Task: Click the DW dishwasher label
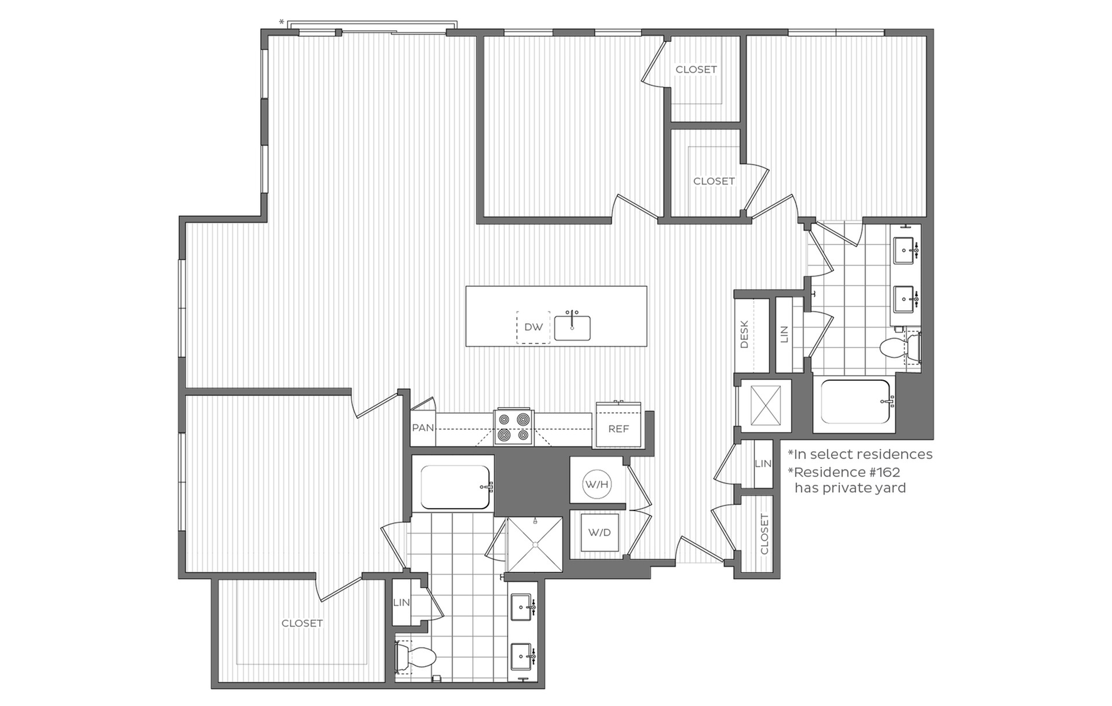pyautogui.click(x=533, y=327)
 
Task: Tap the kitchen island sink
pyautogui.click(x=572, y=328)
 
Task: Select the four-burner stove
pyautogui.click(x=513, y=427)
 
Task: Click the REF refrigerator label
pyautogui.click(x=619, y=429)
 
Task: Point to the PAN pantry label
pyautogui.click(x=423, y=428)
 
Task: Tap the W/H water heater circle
pyautogui.click(x=597, y=484)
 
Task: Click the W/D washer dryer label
pyautogui.click(x=599, y=532)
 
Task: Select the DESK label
pyautogui.click(x=745, y=334)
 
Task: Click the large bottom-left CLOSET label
pyautogui.click(x=302, y=623)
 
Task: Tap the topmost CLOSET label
pyautogui.click(x=696, y=69)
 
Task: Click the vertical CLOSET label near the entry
pyautogui.click(x=765, y=534)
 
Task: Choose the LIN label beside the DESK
pyautogui.click(x=785, y=334)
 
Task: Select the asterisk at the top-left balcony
pyautogui.click(x=281, y=23)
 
